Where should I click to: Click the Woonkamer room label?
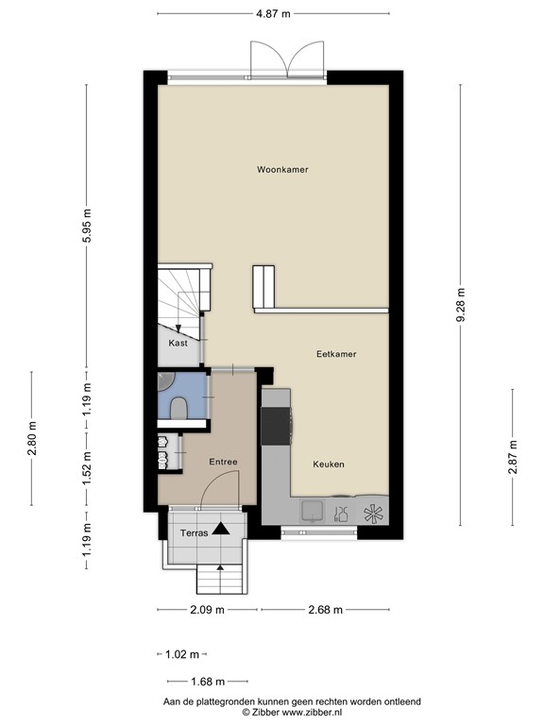tap(282, 170)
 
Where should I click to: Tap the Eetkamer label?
tap(335, 354)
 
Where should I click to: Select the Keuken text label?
tap(328, 464)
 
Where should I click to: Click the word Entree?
tap(223, 462)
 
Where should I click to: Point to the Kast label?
tap(178, 344)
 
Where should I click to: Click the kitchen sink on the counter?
tap(311, 512)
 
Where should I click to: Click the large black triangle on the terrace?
tap(221, 530)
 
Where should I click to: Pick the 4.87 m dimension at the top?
tap(273, 13)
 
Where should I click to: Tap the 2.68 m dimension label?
tap(325, 609)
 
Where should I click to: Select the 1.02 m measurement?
tap(182, 654)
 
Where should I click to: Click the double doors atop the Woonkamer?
tap(286, 60)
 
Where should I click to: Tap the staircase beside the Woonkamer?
tap(181, 293)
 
